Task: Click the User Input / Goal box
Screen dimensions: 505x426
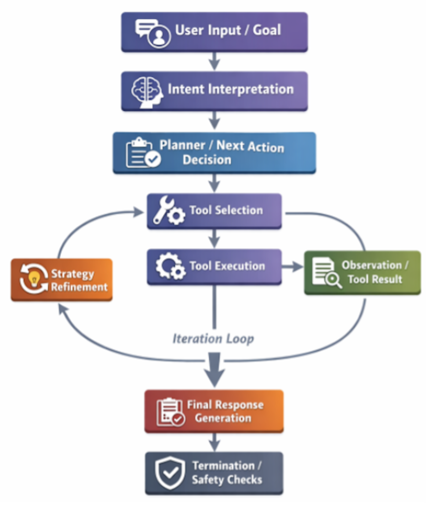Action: point(214,32)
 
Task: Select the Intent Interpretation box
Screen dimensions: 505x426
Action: point(214,91)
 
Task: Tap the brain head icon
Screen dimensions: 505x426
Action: point(146,91)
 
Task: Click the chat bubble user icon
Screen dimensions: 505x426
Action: point(152,33)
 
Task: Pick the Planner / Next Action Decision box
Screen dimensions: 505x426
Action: point(214,152)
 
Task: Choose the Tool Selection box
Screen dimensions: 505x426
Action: point(214,211)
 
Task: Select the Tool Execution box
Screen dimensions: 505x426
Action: point(214,266)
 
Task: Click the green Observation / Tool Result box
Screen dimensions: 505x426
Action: point(362,272)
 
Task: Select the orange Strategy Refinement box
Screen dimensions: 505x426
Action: point(62,280)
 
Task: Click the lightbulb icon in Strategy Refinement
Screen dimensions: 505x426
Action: point(34,280)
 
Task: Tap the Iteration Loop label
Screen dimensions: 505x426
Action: point(213,339)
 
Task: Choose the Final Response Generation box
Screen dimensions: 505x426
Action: point(214,411)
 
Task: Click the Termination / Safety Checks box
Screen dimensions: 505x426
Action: point(214,472)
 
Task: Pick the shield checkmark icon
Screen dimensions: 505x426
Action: point(170,473)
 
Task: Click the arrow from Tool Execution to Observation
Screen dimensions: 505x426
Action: point(292,267)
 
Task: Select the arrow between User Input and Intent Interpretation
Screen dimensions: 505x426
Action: point(214,61)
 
